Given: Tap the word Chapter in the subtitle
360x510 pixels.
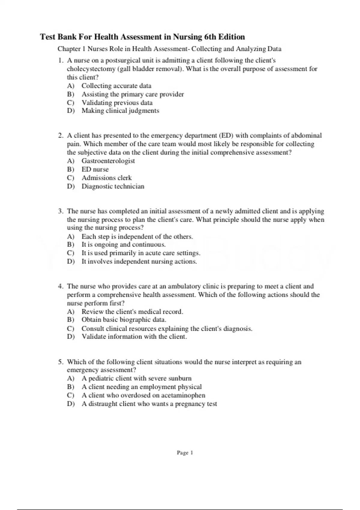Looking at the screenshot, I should coord(69,49).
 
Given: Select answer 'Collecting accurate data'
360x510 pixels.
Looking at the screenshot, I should coord(116,86).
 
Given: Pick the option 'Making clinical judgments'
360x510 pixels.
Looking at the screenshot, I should coord(120,111).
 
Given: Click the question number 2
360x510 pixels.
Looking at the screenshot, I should coord(61,136).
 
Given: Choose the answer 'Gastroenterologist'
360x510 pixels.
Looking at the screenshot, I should coord(108,161).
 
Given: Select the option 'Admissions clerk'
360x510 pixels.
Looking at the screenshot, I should coord(106,178).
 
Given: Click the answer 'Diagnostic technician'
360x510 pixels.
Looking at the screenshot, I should coord(113,186).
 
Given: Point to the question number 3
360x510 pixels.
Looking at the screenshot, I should coord(61,211).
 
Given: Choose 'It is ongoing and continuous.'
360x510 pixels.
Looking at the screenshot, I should coord(124,244).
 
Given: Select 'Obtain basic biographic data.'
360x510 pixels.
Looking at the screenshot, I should coord(124,320).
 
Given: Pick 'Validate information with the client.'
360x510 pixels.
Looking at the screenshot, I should coord(134,337).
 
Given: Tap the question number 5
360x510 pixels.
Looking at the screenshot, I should coord(61,362).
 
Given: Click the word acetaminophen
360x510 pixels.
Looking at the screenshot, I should coord(183,395).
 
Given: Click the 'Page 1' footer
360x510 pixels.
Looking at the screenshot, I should coord(185,453).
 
